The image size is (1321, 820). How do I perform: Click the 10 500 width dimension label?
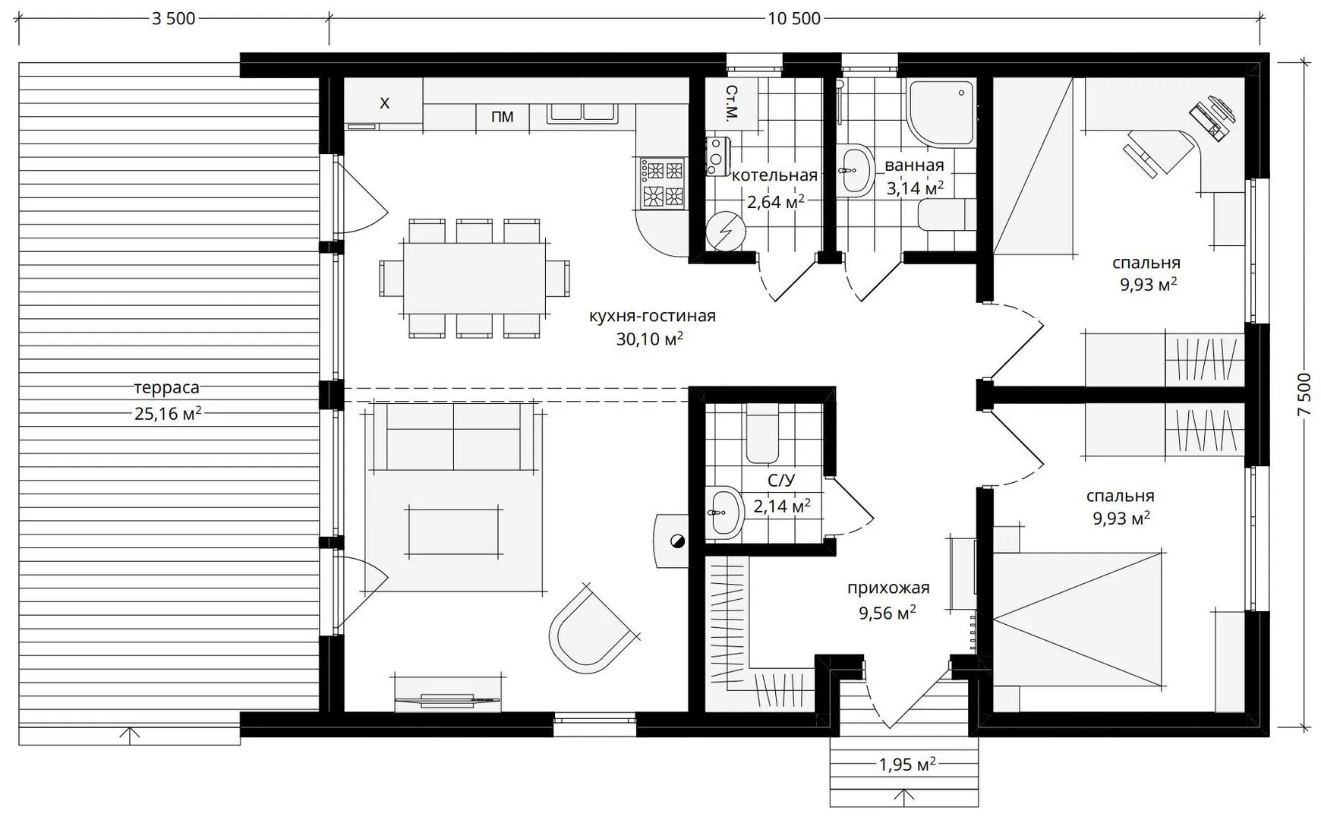(x=794, y=18)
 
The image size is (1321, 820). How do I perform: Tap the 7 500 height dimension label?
(x=1304, y=394)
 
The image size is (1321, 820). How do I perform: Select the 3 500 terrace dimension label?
(x=174, y=18)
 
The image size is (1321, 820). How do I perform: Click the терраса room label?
(x=167, y=387)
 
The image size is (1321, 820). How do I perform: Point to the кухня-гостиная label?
(x=652, y=315)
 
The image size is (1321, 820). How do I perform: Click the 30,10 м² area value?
(x=649, y=339)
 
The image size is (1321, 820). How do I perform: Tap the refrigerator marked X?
(x=384, y=103)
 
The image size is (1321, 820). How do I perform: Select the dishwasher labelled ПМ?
(x=502, y=116)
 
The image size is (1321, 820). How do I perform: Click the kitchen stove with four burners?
(x=662, y=182)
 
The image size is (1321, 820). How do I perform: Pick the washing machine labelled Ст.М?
(x=731, y=103)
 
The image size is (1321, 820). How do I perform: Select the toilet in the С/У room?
(x=761, y=433)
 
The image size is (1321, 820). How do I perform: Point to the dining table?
(x=474, y=278)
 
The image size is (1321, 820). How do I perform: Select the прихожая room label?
(x=888, y=588)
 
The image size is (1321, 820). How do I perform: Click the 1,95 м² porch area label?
(x=906, y=764)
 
